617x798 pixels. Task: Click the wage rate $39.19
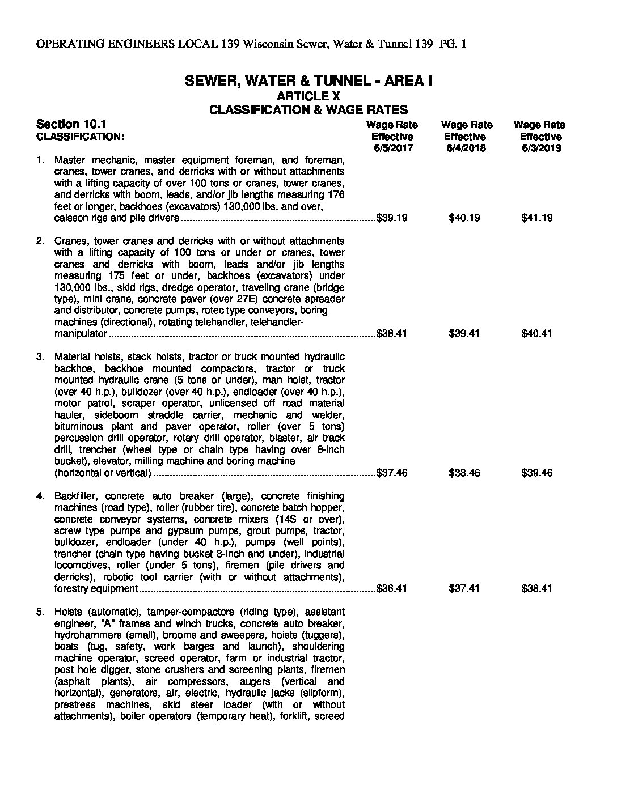point(392,218)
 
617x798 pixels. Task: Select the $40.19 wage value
point(464,218)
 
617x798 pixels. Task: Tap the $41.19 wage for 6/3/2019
point(536,218)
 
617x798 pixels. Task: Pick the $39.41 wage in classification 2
point(464,333)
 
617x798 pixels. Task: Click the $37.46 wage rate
point(392,473)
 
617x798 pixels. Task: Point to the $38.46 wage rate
point(464,473)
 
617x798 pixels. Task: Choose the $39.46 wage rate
point(536,473)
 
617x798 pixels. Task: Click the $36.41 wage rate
point(392,588)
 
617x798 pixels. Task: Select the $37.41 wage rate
point(464,588)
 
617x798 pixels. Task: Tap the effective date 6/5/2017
point(393,148)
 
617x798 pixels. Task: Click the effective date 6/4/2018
point(466,148)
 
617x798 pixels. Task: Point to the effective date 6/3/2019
point(540,148)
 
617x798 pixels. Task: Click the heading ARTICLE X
point(308,96)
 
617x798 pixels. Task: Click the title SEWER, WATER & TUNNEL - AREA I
point(308,81)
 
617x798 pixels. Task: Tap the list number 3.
point(40,356)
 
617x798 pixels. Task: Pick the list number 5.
point(40,612)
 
